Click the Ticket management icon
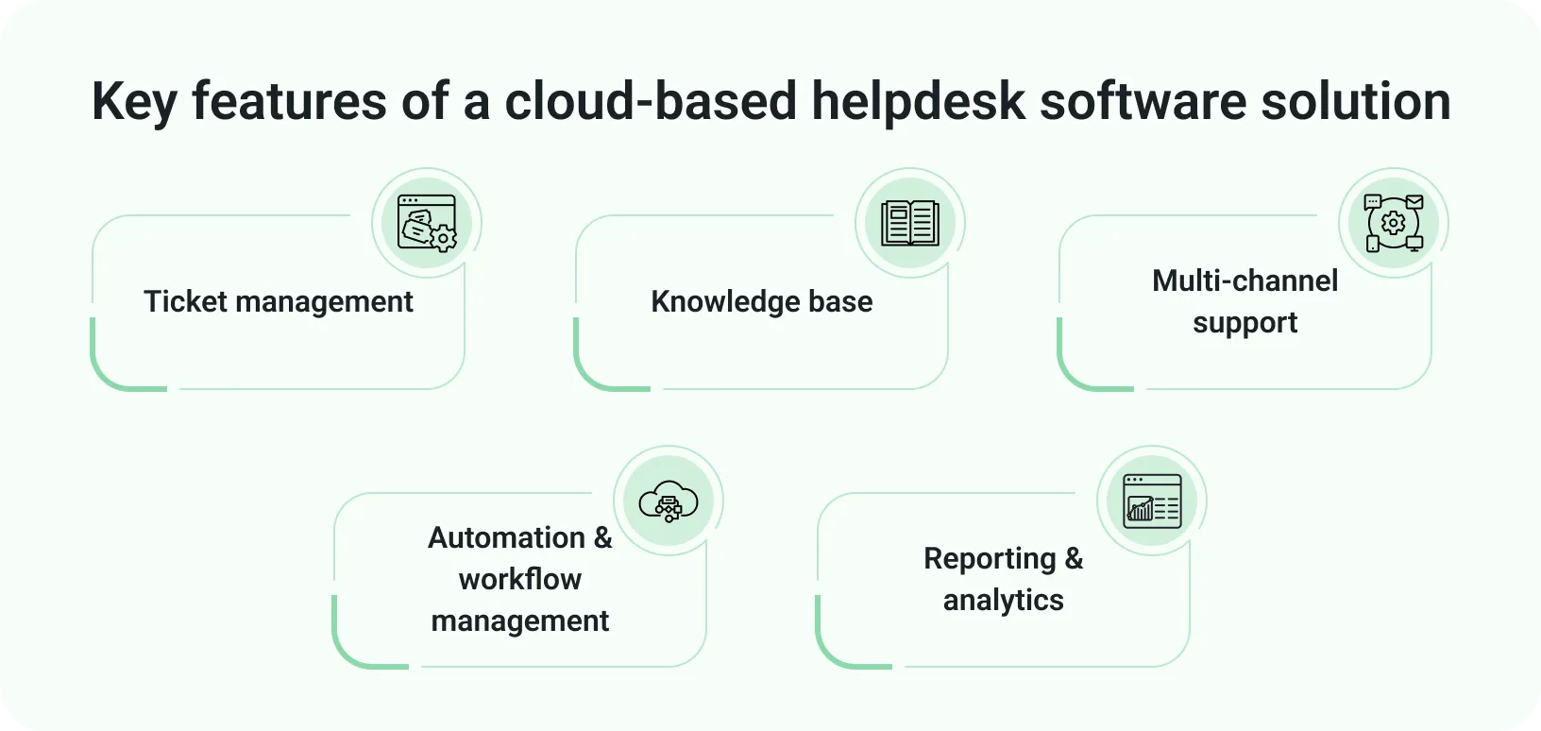[x=427, y=223]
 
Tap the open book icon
[x=910, y=223]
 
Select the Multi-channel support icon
[x=1394, y=223]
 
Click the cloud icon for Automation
[x=669, y=501]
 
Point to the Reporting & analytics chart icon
[x=1152, y=501]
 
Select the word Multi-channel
[x=1245, y=280]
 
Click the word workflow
[x=520, y=579]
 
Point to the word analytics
[x=1003, y=600]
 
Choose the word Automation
[x=507, y=537]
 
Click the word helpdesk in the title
[x=918, y=101]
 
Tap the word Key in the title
[x=134, y=101]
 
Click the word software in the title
[x=1143, y=101]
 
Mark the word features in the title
[x=289, y=101]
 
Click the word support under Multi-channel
[x=1245, y=323]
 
